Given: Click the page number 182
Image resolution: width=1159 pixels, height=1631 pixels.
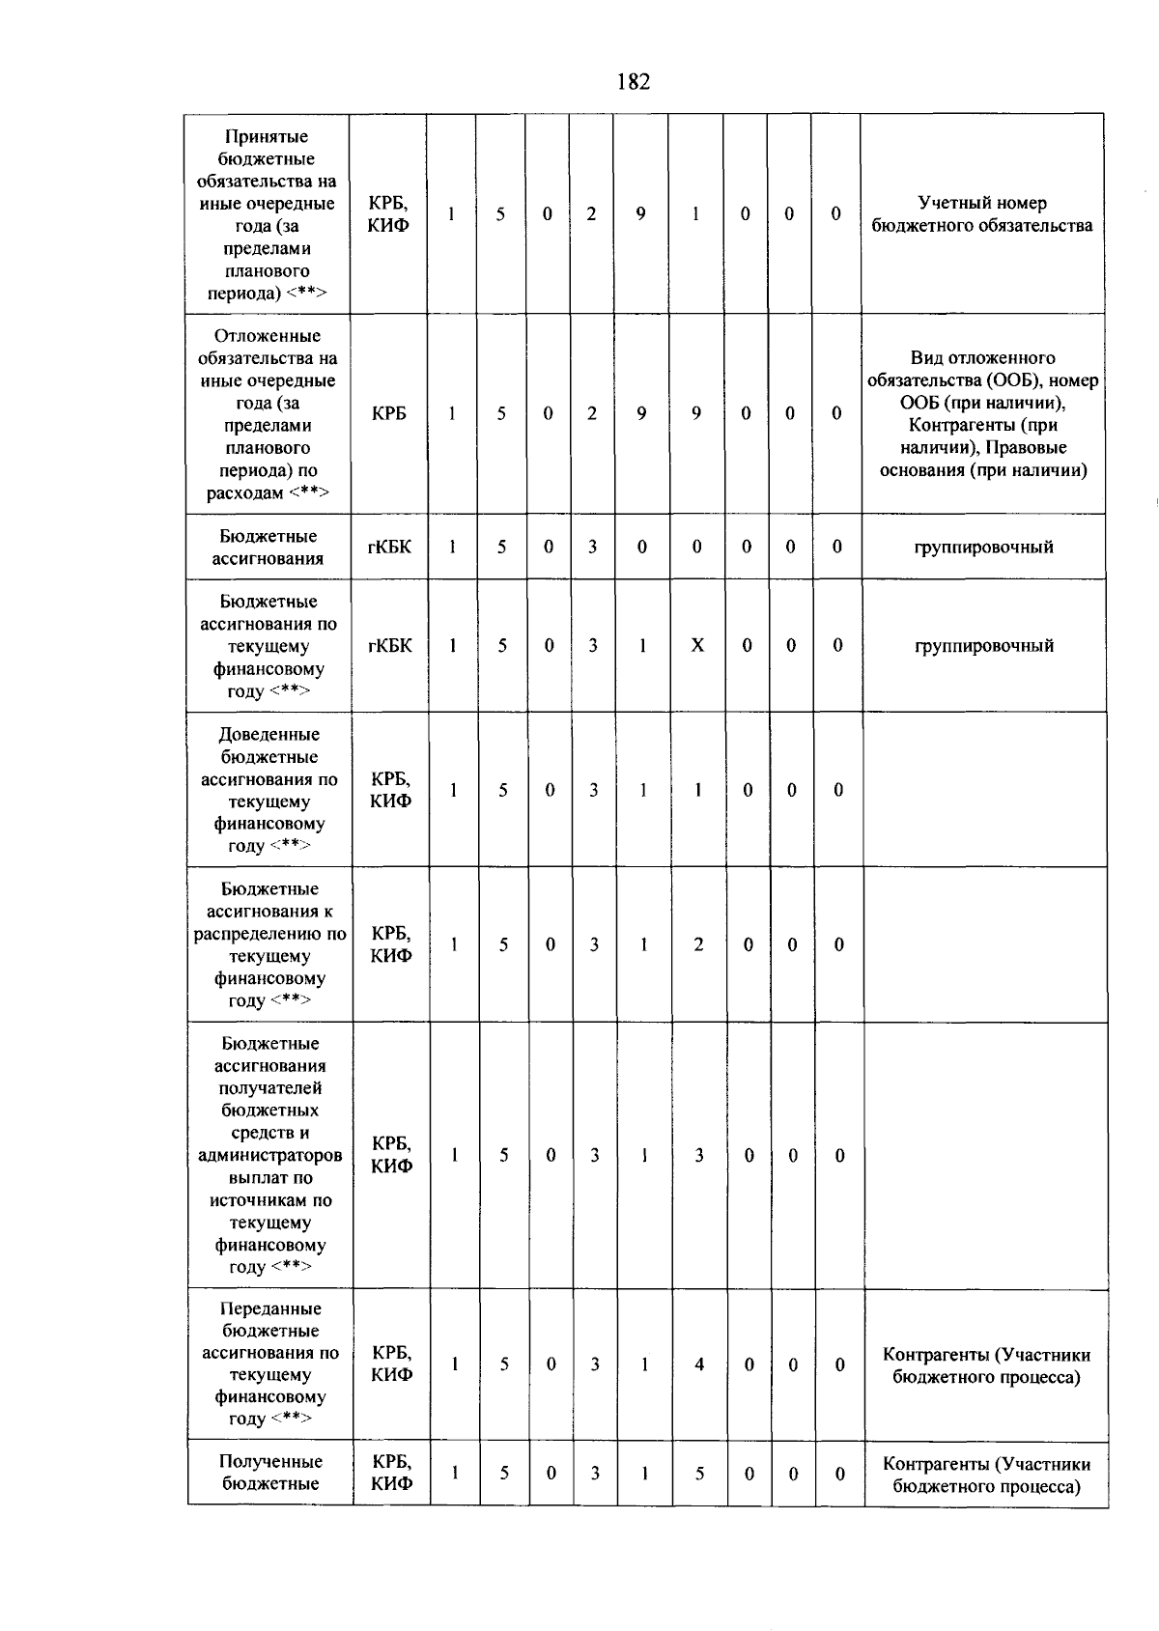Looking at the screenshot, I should click(x=633, y=82).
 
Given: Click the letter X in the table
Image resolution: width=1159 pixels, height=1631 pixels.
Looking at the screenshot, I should click(x=697, y=645).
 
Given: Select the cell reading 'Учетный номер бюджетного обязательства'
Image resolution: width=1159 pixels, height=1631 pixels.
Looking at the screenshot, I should click(x=982, y=214).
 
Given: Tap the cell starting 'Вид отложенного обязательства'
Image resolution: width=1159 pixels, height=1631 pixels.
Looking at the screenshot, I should click(x=982, y=413).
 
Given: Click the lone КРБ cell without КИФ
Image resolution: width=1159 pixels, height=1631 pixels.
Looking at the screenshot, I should click(x=388, y=413).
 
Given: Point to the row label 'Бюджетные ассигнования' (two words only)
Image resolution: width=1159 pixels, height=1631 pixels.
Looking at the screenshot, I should click(x=268, y=547).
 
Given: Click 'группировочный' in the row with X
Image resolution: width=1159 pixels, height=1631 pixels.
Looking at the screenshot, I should click(x=983, y=645).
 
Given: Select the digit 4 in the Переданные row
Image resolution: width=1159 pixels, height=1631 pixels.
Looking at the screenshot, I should click(x=698, y=1364).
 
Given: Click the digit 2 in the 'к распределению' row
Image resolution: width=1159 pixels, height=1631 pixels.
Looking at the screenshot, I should click(x=698, y=944).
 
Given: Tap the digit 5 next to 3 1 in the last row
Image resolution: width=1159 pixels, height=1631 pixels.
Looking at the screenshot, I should click(x=699, y=1473).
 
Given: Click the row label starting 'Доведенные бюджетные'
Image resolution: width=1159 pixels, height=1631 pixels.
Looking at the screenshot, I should click(x=269, y=789).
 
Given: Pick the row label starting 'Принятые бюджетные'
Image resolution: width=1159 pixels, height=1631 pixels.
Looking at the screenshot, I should click(x=267, y=214).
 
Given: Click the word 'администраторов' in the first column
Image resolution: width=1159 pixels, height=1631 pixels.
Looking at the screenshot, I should click(x=270, y=1155).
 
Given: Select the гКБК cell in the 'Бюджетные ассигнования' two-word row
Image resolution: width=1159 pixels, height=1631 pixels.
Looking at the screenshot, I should click(x=389, y=547).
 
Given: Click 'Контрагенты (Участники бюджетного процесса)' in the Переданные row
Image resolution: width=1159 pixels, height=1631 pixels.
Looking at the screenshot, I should click(x=986, y=1365).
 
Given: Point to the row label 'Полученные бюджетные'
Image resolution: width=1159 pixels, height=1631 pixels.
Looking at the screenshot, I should click(x=270, y=1472).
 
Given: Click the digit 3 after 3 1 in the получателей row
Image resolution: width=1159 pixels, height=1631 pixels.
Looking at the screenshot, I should click(x=698, y=1155).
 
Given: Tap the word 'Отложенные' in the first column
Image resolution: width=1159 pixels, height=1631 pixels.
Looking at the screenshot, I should click(x=268, y=336).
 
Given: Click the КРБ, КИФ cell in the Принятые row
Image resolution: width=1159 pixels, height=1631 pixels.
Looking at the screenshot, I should click(x=388, y=214).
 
